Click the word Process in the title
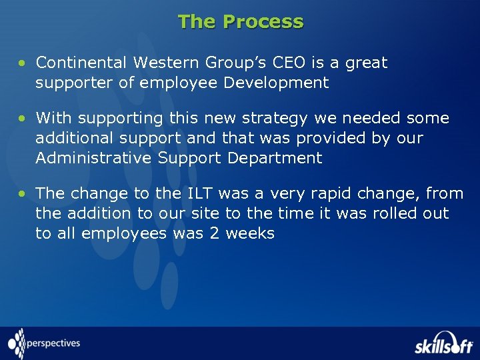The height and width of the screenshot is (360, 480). point(263,22)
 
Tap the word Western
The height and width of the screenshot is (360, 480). point(164,63)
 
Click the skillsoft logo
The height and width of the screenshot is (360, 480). point(443,344)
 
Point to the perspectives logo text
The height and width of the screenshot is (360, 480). point(53,344)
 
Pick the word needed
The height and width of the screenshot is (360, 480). point(368,118)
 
